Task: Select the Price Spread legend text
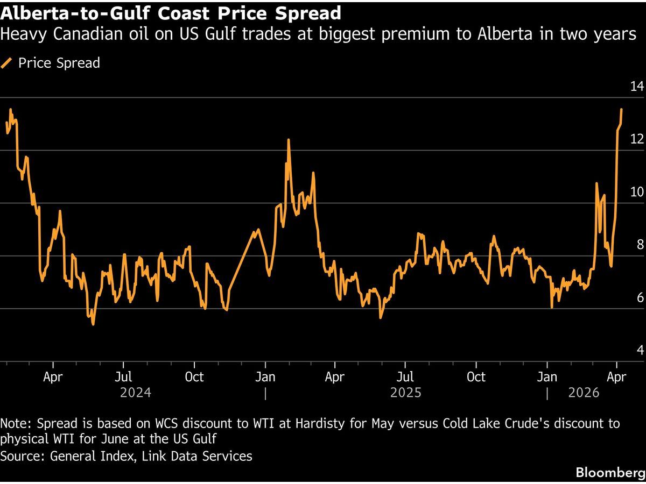point(59,63)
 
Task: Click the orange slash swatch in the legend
point(7,63)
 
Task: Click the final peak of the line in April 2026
point(621,109)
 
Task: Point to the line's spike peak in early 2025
point(289,140)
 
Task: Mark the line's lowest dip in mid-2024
point(93,324)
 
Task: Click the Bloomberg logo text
point(610,473)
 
